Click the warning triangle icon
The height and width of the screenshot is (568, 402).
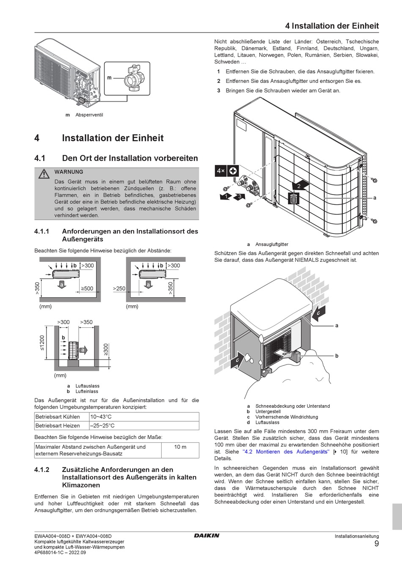[x=43, y=174]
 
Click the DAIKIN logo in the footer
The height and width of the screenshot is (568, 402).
[x=207, y=535]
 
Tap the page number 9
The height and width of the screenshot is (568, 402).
[x=376, y=544]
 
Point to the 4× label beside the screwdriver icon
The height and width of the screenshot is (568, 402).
[x=220, y=171]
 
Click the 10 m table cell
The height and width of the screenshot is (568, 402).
[x=180, y=447]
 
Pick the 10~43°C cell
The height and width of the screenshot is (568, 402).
[x=101, y=417]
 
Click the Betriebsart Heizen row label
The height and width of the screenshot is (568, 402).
[x=58, y=425]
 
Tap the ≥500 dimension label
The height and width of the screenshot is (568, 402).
[x=87, y=288]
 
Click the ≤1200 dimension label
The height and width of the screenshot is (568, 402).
[x=42, y=343]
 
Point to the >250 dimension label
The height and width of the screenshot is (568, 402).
[x=119, y=288]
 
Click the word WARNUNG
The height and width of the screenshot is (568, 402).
[x=69, y=172]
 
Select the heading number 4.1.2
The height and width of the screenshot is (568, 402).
[x=42, y=469]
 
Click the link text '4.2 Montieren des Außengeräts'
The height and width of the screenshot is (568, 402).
[x=286, y=452]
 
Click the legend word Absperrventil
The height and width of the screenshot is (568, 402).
[x=89, y=115]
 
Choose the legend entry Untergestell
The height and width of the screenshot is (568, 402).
[x=268, y=412]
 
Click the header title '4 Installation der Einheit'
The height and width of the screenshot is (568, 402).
[x=332, y=26]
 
